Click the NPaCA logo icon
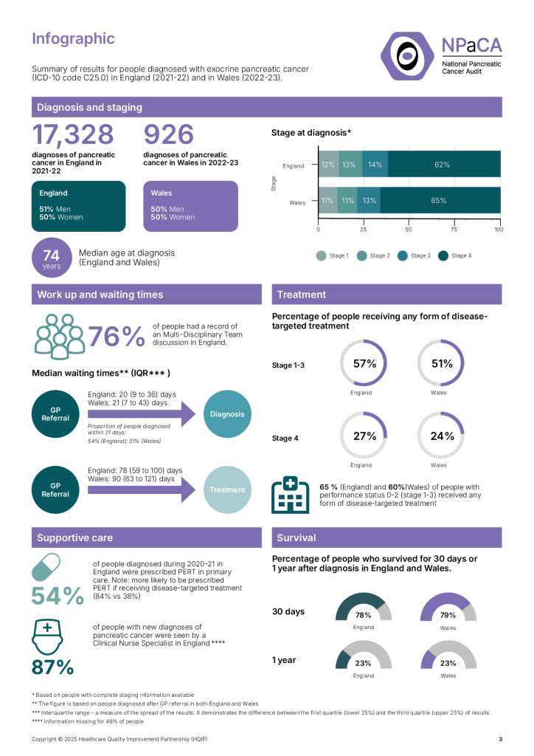pos(406,55)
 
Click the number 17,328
pos(73,135)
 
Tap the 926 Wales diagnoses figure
pos(169,135)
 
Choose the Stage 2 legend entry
pos(374,255)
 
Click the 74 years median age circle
pos(52,259)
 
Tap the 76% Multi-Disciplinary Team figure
pos(116,337)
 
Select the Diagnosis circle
pos(227,413)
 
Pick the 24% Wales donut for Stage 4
pos(442,436)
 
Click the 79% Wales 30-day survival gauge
pos(448,608)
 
